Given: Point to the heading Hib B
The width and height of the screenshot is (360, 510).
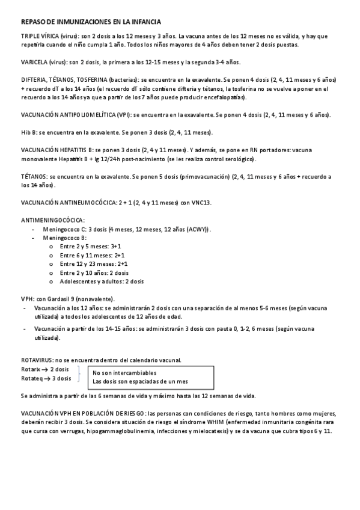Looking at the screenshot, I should (28, 132).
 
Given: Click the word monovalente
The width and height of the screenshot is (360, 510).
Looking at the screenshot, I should (39, 159).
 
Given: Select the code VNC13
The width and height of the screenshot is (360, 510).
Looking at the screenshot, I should (201, 203).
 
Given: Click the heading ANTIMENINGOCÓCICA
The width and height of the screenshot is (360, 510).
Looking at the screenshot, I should (53, 220).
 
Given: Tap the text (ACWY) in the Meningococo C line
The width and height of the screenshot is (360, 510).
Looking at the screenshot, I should (195, 229).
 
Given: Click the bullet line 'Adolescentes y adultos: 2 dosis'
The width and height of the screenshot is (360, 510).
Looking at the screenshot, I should (102, 281).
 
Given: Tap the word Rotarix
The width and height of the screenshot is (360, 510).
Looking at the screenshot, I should (31, 369).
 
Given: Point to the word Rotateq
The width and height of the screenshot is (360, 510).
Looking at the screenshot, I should (31, 378).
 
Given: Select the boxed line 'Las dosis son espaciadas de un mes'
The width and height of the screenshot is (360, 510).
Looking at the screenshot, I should (140, 381).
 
